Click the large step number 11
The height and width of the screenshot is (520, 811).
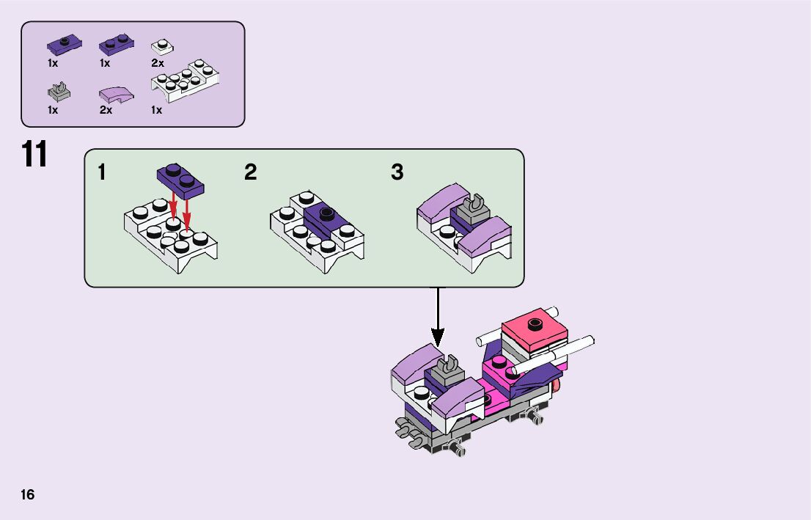34,155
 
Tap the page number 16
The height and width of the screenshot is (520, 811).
28,494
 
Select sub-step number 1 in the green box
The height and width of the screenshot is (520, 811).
102,173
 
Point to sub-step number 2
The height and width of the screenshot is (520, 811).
251,173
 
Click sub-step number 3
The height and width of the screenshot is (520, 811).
397,173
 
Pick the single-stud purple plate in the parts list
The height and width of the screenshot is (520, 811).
65,44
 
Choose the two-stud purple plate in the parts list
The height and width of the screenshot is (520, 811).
116,45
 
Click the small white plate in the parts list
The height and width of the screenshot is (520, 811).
162,46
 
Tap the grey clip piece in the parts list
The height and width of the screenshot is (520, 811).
59,92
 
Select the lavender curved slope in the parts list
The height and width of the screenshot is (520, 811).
117,94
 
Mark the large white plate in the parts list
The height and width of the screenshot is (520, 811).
186,80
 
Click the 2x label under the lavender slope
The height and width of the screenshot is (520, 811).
106,111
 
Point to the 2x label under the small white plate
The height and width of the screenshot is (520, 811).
157,64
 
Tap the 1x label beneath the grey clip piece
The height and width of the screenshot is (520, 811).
53,111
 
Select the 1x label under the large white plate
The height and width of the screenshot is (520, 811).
156,111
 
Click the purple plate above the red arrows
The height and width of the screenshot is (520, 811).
180,180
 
